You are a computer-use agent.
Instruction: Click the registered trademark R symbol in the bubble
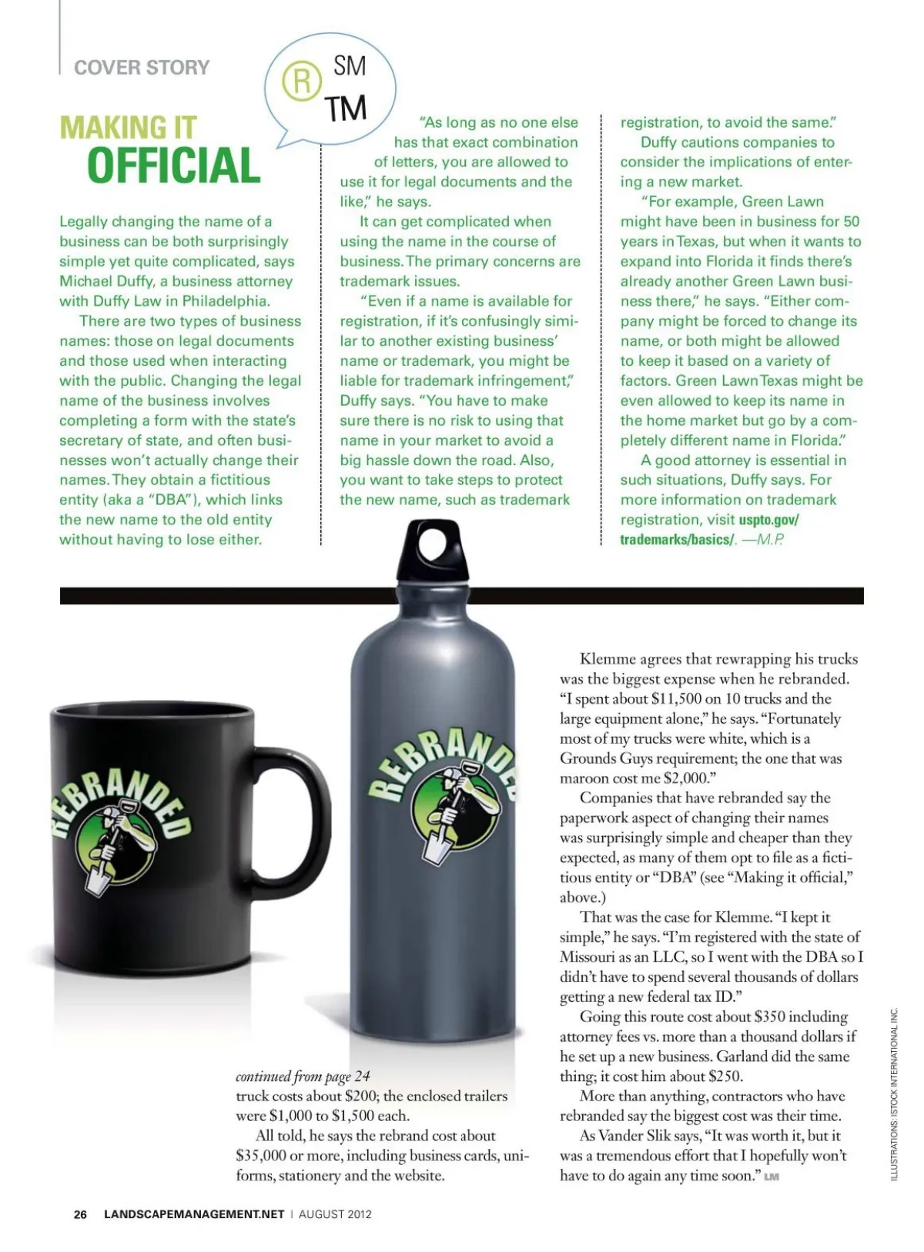point(301,82)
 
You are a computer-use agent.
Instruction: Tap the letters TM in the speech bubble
point(345,109)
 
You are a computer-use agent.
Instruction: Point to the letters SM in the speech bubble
point(350,66)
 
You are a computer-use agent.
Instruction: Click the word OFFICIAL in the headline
point(174,166)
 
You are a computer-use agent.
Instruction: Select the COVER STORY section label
point(142,68)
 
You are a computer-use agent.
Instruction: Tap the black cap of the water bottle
point(432,552)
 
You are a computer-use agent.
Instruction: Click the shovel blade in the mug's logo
point(99,879)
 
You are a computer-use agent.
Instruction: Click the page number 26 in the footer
point(80,1214)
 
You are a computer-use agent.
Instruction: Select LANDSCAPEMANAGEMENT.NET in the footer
point(194,1214)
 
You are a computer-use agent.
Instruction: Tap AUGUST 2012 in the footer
point(335,1214)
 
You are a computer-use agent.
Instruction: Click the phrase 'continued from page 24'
point(303,1076)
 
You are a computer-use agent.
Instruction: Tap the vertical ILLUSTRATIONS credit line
point(894,1093)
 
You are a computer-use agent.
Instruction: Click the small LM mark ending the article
point(772,1177)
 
